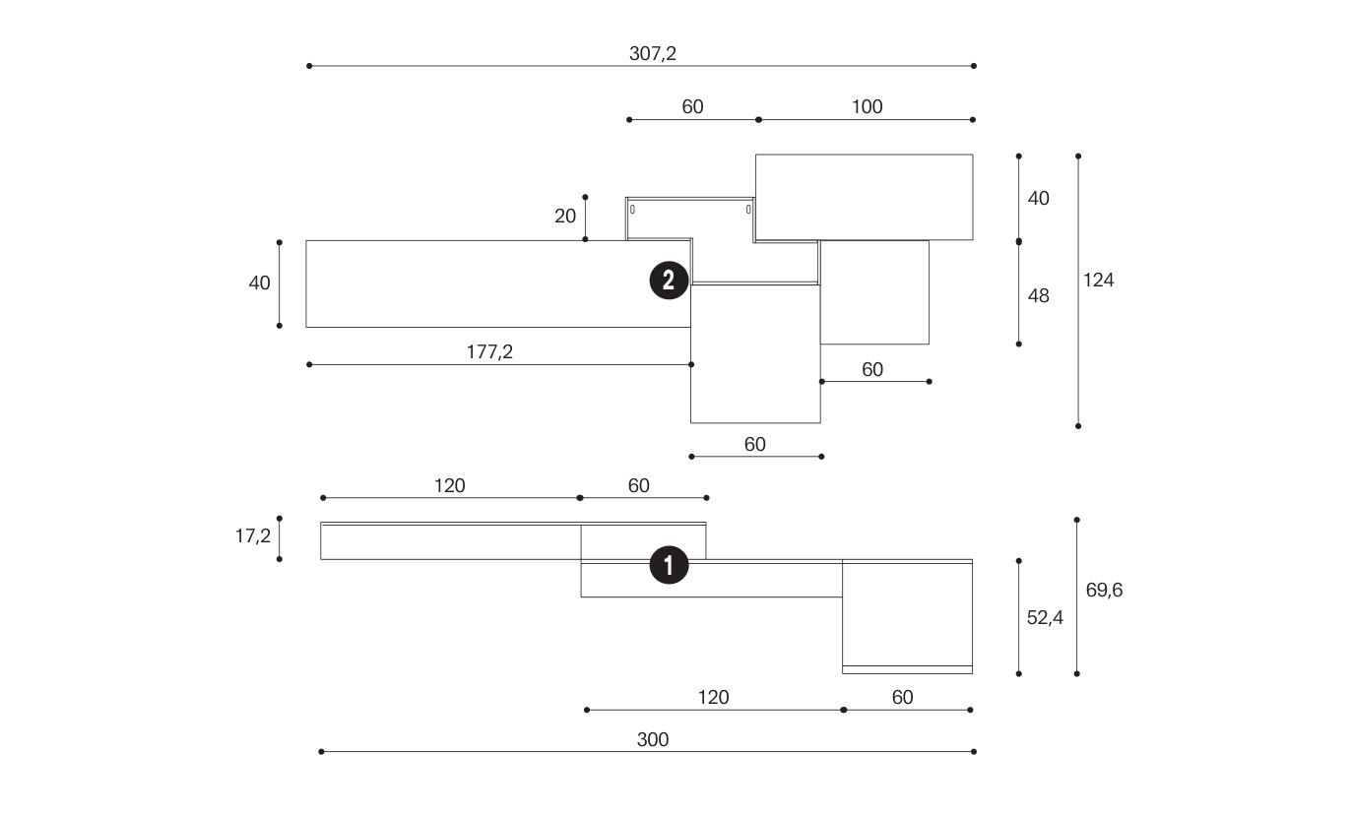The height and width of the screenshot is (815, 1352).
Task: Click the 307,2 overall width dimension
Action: click(x=653, y=54)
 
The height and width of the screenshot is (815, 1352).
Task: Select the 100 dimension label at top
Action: click(x=867, y=106)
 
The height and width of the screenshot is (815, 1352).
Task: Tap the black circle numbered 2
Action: click(x=669, y=281)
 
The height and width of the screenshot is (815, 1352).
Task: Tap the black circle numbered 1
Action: click(x=669, y=566)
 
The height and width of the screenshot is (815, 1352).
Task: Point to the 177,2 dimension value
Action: click(x=489, y=351)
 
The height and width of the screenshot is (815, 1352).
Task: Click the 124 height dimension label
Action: click(x=1098, y=281)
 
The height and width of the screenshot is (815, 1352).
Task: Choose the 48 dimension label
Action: click(x=1038, y=295)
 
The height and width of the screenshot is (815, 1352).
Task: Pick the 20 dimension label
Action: click(x=565, y=217)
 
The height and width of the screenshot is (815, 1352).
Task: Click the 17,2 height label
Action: click(x=253, y=536)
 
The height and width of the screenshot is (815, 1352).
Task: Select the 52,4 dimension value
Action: click(x=1045, y=618)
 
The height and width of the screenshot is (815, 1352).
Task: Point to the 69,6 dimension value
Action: click(x=1104, y=591)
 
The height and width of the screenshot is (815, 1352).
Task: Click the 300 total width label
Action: click(x=652, y=739)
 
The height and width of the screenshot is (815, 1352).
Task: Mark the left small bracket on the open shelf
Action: click(x=632, y=209)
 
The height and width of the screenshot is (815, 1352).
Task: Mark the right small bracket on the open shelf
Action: click(x=748, y=209)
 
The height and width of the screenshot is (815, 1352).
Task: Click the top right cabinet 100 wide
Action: click(x=864, y=197)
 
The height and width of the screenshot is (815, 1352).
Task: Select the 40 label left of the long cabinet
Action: click(x=259, y=283)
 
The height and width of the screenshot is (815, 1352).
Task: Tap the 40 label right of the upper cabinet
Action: click(x=1038, y=199)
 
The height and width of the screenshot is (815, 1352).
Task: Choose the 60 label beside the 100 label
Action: click(x=692, y=106)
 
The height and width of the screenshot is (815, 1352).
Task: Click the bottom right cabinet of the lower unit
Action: click(x=907, y=615)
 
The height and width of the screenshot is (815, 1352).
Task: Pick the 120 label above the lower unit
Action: click(x=449, y=485)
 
